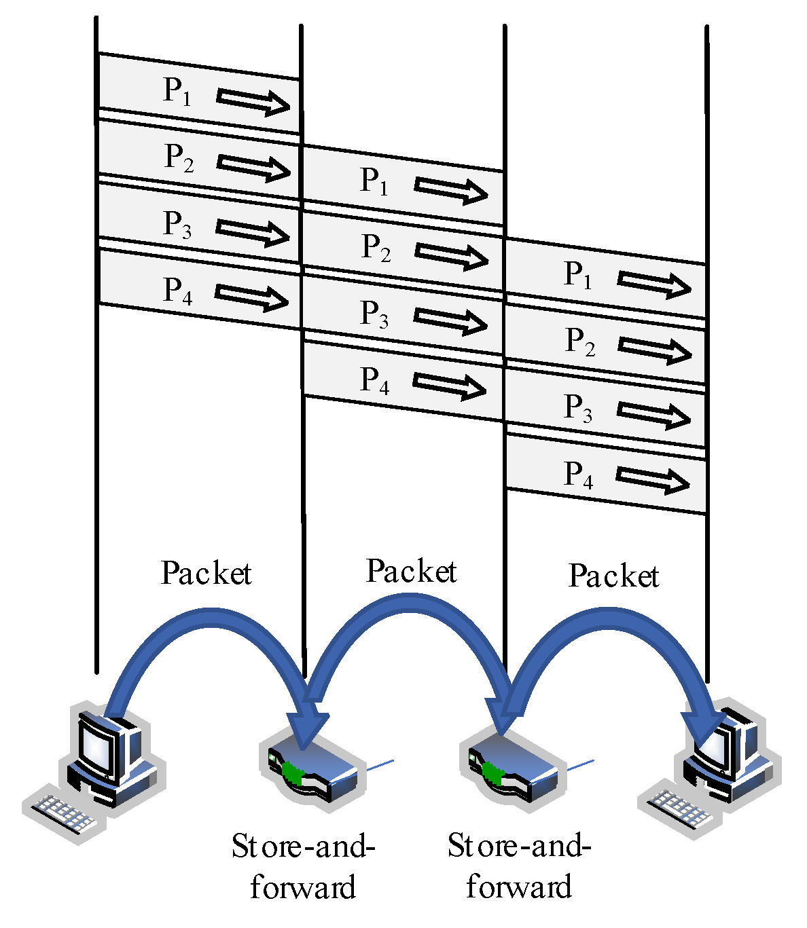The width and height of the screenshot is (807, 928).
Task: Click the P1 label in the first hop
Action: tap(177, 91)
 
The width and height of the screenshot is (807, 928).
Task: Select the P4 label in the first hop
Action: tap(177, 291)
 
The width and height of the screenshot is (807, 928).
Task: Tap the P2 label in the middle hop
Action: tap(376, 248)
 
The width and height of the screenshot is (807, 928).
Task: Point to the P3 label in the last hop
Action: tap(578, 409)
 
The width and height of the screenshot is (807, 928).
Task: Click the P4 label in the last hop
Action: tap(579, 475)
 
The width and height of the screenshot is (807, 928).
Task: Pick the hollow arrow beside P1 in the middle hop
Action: tap(451, 189)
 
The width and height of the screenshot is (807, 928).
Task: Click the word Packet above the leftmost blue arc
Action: tap(207, 574)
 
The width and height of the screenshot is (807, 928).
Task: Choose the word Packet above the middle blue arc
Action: tap(412, 572)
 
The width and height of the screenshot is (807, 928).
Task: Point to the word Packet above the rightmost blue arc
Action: tap(613, 576)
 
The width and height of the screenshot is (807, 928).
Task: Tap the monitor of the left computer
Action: tap(102, 743)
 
